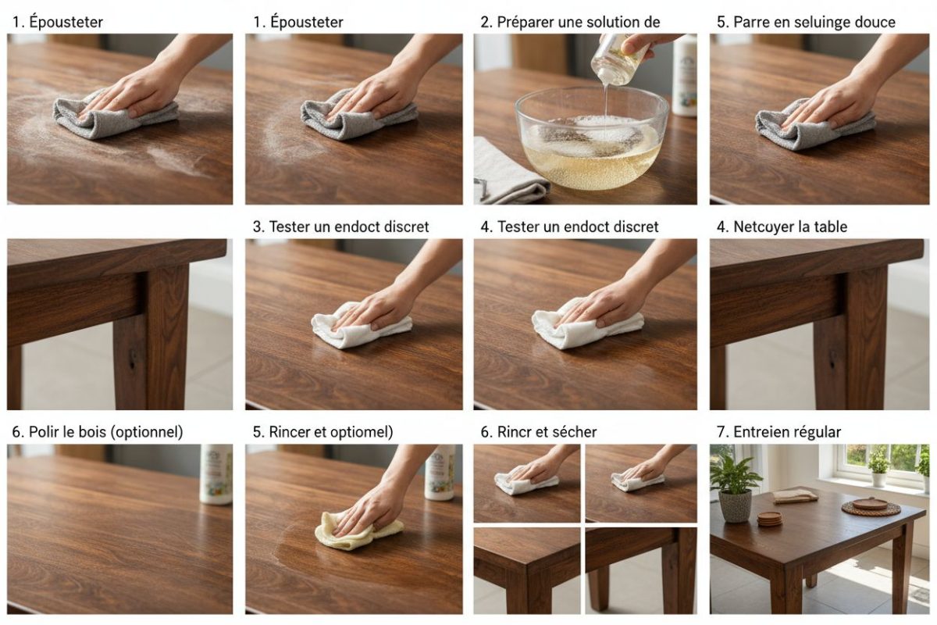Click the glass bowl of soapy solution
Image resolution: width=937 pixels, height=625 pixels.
pos(592,138)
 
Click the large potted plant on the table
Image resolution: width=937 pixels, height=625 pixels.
pos(735,487)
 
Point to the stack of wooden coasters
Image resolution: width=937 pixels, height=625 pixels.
pos(770,519)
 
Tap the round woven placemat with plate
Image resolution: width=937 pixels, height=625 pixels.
pos(871,507)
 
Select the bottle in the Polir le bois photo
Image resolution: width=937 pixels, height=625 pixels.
pos(216,474)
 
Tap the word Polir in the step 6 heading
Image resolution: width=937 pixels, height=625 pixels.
pos(44,431)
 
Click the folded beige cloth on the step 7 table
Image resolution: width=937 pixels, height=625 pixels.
pos(794,496)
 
